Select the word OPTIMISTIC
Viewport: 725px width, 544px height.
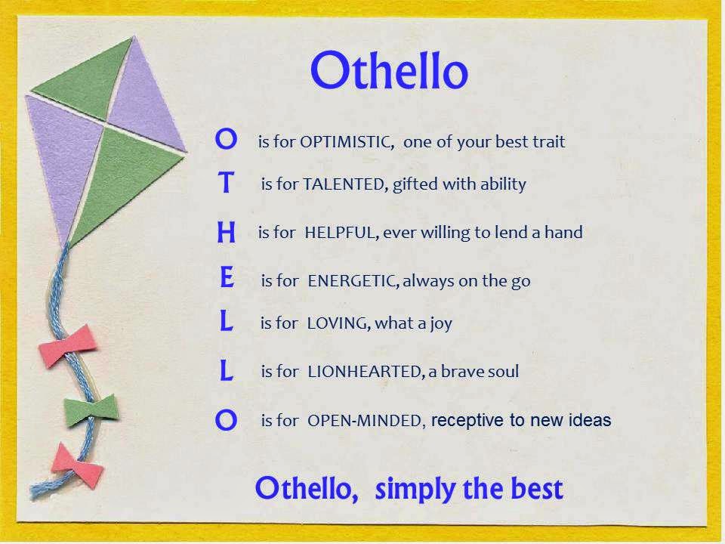(347, 142)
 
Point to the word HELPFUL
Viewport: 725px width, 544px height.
(341, 232)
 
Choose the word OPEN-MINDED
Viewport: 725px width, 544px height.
(366, 421)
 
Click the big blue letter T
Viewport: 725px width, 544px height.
(226, 182)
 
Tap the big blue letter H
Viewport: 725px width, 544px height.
(226, 232)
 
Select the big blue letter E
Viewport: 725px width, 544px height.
(227, 277)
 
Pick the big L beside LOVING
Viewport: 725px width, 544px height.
(226, 320)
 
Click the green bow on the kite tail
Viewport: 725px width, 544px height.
(91, 409)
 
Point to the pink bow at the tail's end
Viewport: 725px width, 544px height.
(77, 465)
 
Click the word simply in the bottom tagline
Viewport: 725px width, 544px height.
(415, 490)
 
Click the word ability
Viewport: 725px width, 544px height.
(503, 184)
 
